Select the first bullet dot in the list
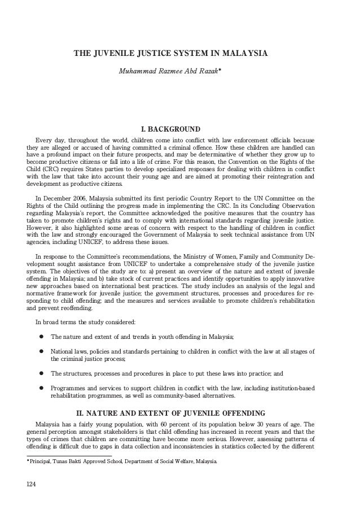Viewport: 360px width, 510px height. [41, 337]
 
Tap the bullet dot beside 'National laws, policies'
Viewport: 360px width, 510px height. [41, 352]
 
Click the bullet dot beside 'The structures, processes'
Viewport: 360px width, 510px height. [41, 373]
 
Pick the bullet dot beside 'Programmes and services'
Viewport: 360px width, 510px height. [41, 389]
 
